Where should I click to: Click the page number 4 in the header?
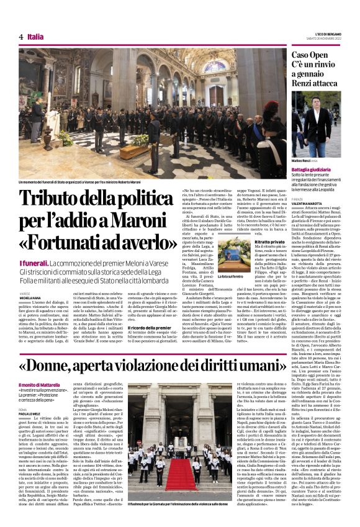20,37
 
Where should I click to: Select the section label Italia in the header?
35,37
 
